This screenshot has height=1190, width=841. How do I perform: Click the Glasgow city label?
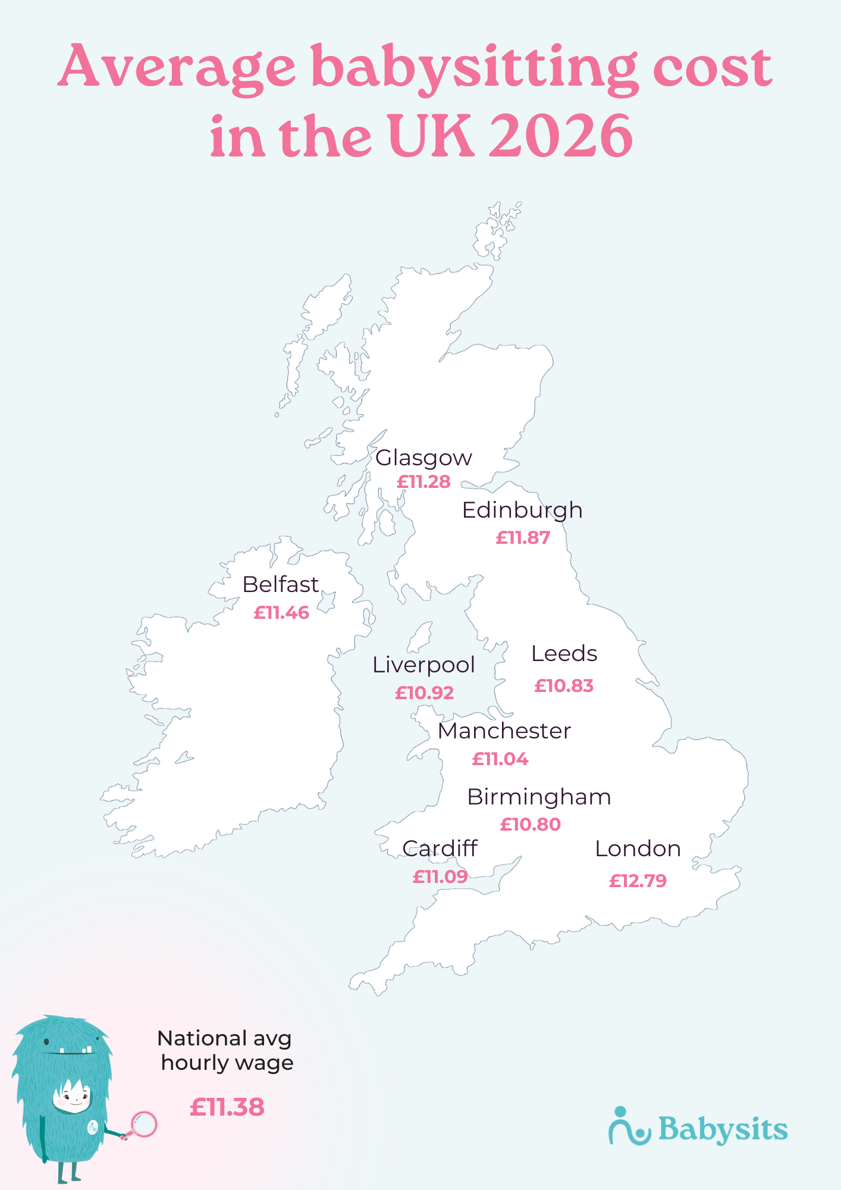[x=423, y=458]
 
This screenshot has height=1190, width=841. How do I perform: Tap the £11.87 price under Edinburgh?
[x=523, y=538]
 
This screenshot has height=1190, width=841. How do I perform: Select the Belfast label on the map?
[x=280, y=585]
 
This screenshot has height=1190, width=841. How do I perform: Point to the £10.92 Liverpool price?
[x=425, y=693]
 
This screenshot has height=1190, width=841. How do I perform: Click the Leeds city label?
[x=564, y=654]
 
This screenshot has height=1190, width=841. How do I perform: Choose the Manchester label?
[x=504, y=731]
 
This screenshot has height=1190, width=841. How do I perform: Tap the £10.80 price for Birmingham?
[x=530, y=825]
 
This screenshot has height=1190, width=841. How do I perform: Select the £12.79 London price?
[x=638, y=881]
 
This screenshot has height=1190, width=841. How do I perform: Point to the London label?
[x=638, y=849]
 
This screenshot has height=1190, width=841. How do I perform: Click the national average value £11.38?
[x=227, y=1107]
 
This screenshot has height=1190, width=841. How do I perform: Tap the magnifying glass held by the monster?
[x=143, y=1124]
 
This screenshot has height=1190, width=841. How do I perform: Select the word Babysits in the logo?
[x=723, y=1129]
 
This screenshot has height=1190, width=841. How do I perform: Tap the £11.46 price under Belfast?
[x=281, y=613]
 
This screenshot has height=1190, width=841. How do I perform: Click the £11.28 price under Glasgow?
[x=423, y=482]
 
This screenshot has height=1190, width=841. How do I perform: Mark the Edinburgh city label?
[x=522, y=511]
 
